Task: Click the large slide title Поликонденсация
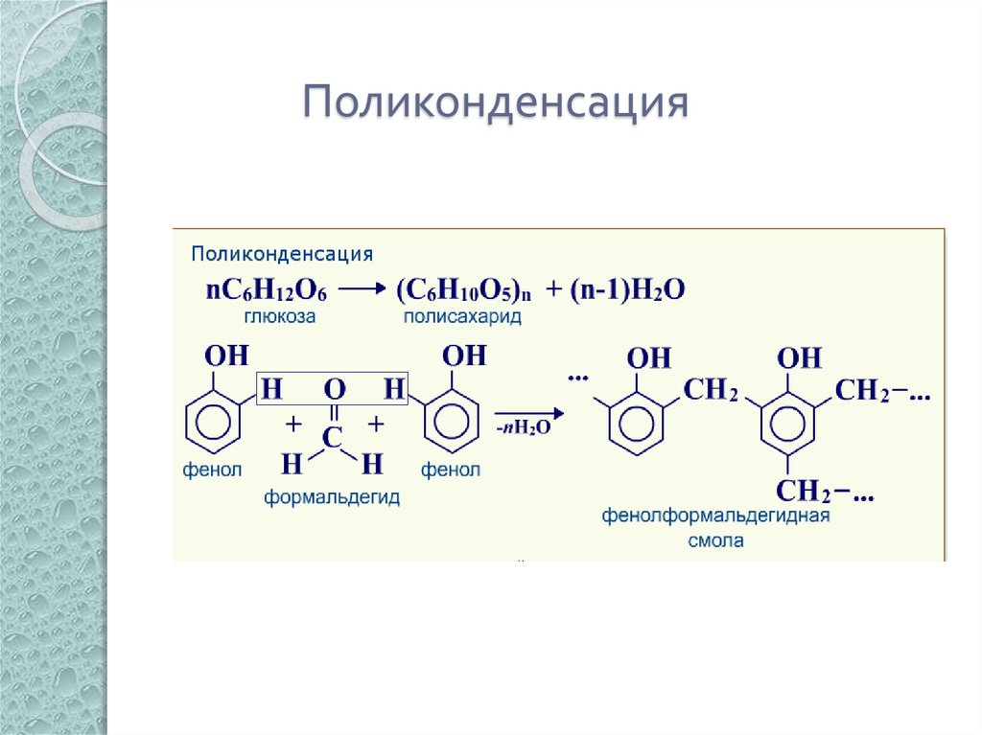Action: (x=497, y=103)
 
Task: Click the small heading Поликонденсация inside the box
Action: (x=281, y=254)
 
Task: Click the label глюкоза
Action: (x=277, y=315)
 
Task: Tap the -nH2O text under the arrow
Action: (x=524, y=428)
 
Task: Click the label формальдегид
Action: (x=332, y=497)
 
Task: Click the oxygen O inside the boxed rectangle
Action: (x=333, y=389)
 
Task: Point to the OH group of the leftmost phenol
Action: (x=227, y=356)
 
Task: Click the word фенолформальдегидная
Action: (x=715, y=517)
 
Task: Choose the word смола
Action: (x=715, y=540)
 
